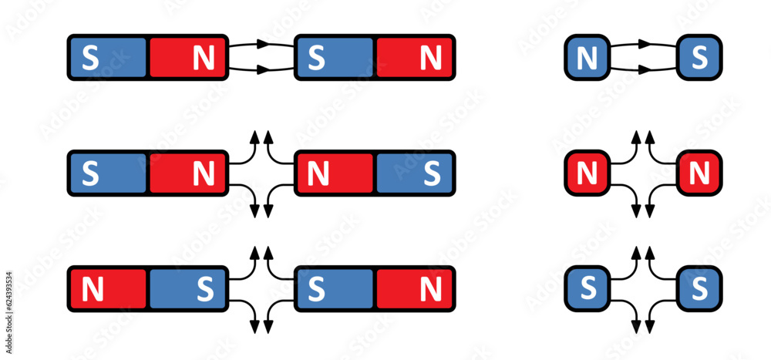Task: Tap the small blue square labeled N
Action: click(x=588, y=57)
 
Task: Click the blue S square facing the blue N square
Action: click(x=699, y=57)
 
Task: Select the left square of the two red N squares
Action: click(x=588, y=174)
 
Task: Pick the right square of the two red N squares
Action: click(x=699, y=174)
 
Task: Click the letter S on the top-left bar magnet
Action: click(x=91, y=58)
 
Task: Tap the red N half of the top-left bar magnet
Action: click(x=187, y=58)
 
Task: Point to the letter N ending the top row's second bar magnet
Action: click(x=431, y=58)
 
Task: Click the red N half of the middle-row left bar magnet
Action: click(x=187, y=174)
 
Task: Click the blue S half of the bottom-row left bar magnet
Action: click(x=187, y=289)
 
